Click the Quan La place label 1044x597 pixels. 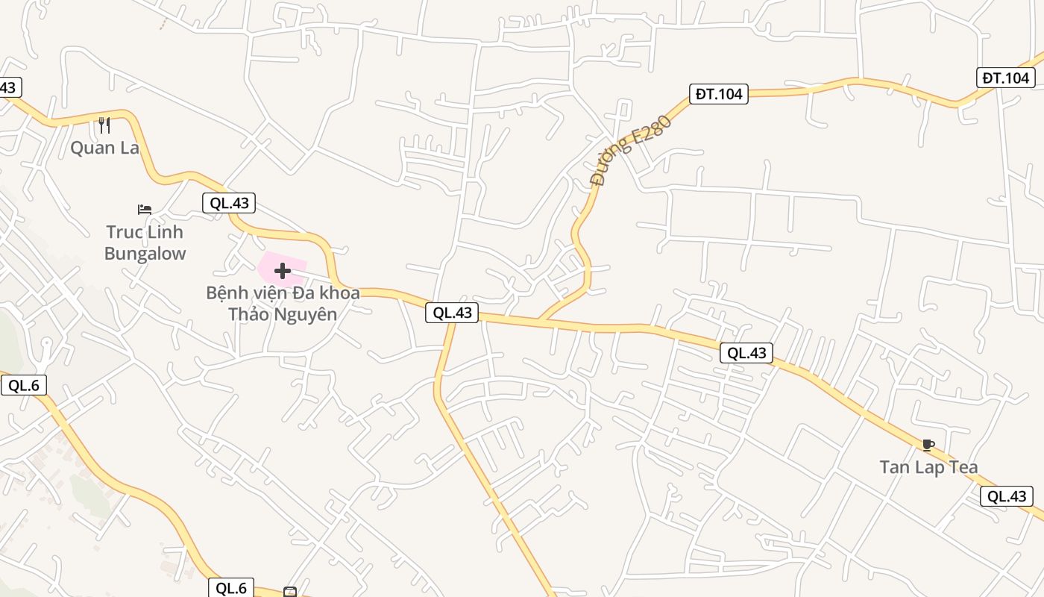[104, 148]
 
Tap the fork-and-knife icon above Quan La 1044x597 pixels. [104, 125]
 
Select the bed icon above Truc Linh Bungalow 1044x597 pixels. [145, 210]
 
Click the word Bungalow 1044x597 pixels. [145, 254]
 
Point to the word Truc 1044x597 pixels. [124, 232]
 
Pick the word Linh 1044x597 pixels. [165, 232]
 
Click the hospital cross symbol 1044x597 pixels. [283, 271]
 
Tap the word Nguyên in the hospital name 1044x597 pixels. [306, 314]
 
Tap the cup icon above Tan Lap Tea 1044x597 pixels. [928, 446]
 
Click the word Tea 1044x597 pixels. [961, 467]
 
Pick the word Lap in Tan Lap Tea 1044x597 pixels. [928, 467]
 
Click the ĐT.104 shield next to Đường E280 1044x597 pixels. [718, 94]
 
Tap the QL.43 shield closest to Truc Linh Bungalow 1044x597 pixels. [229, 202]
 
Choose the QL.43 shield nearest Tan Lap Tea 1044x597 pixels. [1007, 496]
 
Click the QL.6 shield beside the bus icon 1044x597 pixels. [231, 588]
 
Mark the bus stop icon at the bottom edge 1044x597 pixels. [290, 593]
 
